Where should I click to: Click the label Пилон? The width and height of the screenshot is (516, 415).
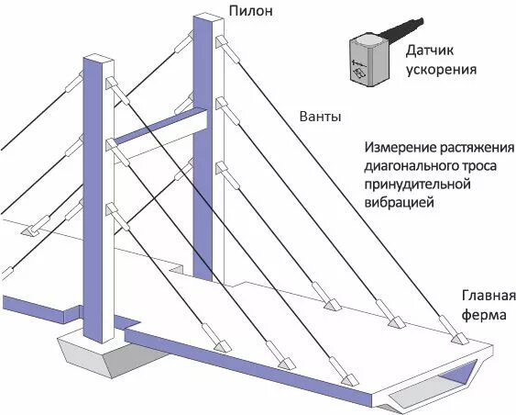(251, 12)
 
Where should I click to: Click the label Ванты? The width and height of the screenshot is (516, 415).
(321, 118)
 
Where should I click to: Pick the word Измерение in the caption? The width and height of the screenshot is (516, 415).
(401, 148)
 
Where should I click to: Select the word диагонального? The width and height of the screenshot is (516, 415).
(408, 167)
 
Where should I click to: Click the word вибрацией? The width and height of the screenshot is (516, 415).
(397, 204)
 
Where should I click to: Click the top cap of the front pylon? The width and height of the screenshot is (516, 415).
(98, 60)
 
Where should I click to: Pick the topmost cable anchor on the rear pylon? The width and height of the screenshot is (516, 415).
(219, 43)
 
